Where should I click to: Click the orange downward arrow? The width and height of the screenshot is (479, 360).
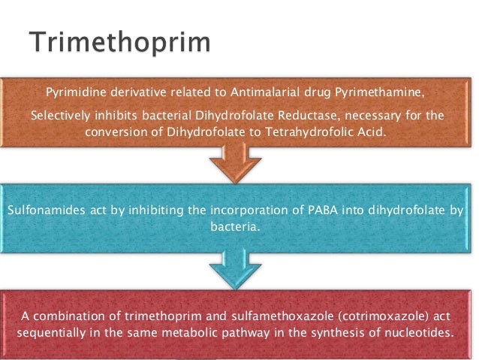239,160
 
